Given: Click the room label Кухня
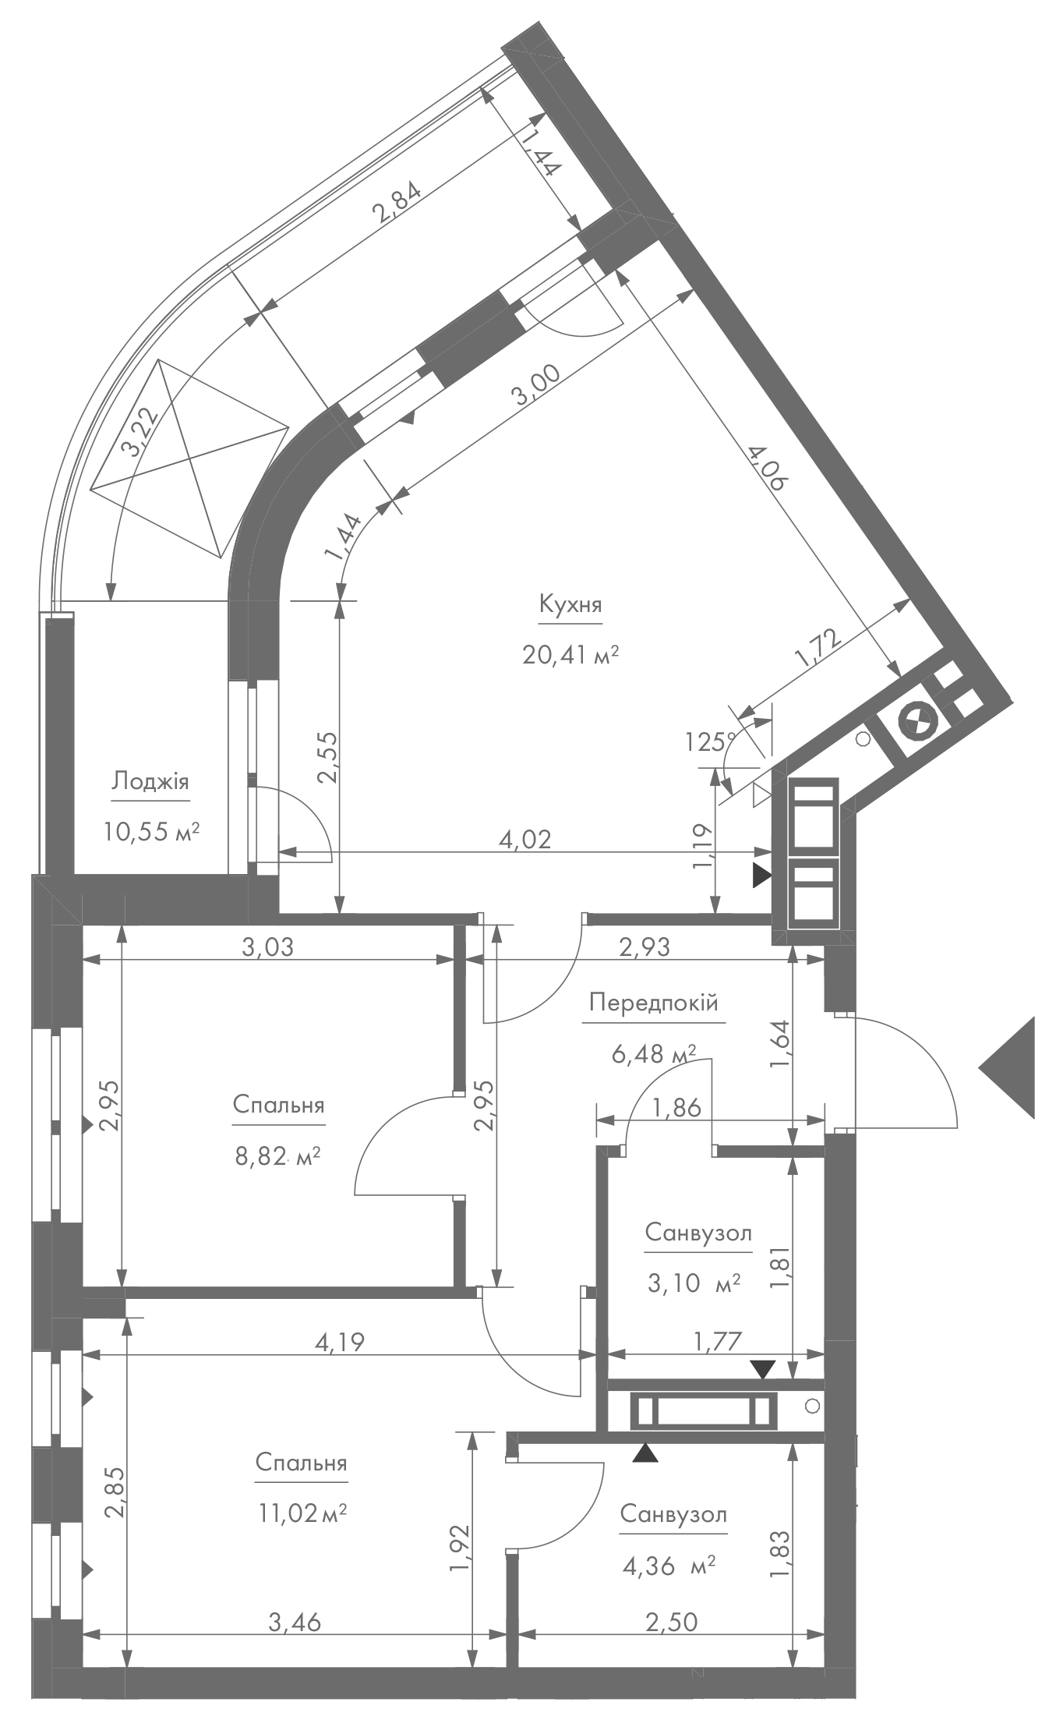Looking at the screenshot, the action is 570,605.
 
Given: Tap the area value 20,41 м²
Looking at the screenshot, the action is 570,654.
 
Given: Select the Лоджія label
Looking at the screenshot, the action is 150,782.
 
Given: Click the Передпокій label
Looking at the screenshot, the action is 653,1003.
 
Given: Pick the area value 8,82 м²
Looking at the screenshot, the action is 278,1155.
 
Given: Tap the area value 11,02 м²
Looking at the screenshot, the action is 302,1513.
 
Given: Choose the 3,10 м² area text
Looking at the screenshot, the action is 694,1283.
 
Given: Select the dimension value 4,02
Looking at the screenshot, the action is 524,839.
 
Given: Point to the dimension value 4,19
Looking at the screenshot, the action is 338,1341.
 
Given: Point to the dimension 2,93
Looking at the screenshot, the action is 644,947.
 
